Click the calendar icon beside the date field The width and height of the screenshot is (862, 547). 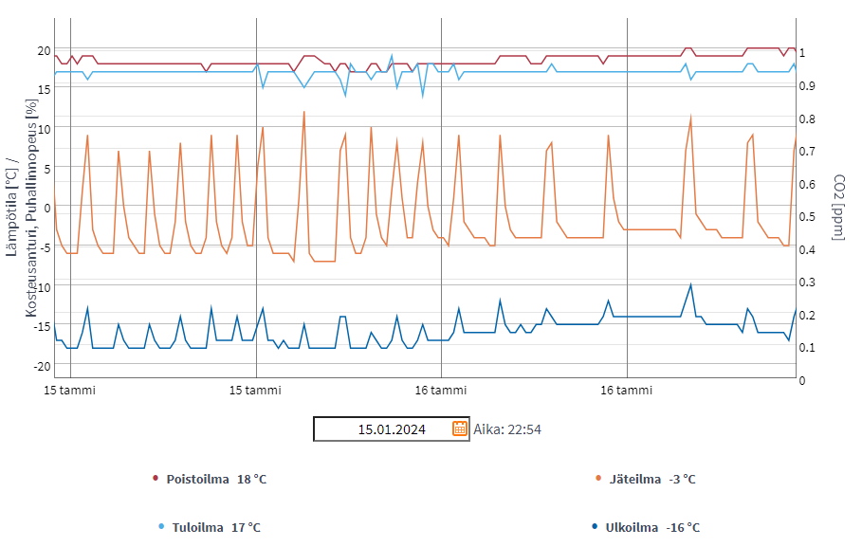pos(460,428)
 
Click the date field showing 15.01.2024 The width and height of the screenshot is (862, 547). pos(391,429)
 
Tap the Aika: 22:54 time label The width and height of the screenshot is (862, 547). pos(507,429)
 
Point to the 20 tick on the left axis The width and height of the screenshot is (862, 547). pos(44,50)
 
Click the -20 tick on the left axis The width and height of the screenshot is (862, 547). pos(42,366)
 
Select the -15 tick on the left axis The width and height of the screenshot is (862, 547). pos(42,326)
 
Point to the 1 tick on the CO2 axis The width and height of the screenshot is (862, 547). pos(802,53)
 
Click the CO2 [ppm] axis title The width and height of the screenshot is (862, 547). pos(838,207)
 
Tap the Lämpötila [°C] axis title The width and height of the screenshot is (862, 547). pos(11,207)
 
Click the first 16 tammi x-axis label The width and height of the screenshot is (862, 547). pos(441,390)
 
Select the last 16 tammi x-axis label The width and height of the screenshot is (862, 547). pos(627,390)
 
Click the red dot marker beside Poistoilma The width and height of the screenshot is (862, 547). pos(156,479)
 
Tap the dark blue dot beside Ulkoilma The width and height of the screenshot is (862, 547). pos(595,526)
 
